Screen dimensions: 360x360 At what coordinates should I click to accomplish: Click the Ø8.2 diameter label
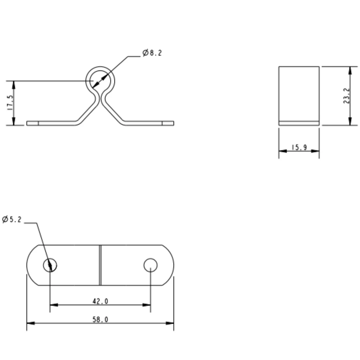pos(152,53)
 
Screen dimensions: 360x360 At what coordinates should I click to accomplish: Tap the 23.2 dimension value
pos(346,96)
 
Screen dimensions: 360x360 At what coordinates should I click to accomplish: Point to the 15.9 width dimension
pos(299,148)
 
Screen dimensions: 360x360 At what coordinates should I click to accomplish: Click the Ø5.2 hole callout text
pos(12,219)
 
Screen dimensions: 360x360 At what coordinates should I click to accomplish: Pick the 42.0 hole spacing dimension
pos(100,302)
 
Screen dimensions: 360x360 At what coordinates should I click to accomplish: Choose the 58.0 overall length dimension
pos(100,320)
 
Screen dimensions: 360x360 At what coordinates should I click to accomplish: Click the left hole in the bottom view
pos(50,266)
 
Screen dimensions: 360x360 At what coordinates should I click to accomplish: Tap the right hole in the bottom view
pos(150,265)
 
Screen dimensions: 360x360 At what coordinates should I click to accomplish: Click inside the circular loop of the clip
pos(100,80)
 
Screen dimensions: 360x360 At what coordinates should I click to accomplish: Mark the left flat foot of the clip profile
pos(50,123)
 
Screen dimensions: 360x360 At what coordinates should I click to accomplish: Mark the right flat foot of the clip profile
pos(149,123)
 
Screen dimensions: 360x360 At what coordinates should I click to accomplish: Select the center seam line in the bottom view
pos(100,265)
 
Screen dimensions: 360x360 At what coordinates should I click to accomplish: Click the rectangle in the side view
pos(299,94)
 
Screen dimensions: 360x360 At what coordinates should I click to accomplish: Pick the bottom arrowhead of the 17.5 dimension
pos(14,122)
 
